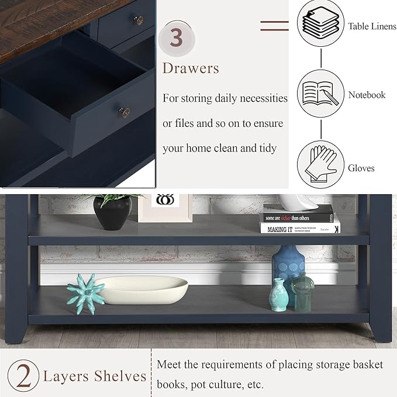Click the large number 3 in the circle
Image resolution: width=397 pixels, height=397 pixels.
pos(176,37)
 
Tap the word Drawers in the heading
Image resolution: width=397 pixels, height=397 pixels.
pos(191,68)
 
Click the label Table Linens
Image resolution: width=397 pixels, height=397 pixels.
pos(372,26)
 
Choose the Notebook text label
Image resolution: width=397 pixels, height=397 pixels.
pos(367,95)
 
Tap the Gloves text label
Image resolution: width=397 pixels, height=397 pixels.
pos(361,168)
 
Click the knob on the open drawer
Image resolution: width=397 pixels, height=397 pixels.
pos(125,111)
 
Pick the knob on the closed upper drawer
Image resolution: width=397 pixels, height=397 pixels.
pos(139,20)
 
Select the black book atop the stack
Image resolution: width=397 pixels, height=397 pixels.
pos(298,214)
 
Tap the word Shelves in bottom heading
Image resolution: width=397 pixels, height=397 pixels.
pos(122,375)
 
